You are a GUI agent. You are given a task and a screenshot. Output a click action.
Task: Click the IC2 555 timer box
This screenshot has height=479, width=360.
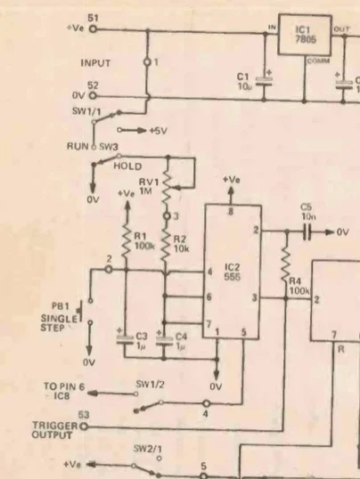point(232,272)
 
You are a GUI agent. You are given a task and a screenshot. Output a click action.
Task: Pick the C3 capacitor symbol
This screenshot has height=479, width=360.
point(126,337)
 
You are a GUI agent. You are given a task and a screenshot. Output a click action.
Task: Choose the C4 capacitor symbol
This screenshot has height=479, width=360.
point(165,337)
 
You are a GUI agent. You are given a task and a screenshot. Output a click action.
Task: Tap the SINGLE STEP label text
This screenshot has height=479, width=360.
point(58,322)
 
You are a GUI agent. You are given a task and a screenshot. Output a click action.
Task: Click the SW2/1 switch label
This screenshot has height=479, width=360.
point(147,448)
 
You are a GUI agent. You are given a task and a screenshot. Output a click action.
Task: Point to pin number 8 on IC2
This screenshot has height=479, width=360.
point(232,211)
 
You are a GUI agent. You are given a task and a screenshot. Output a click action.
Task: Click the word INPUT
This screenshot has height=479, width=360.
point(98,63)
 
